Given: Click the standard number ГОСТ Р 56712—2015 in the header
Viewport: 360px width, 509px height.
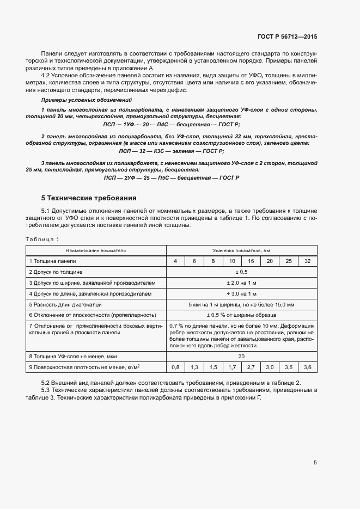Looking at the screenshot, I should [x=287, y=36].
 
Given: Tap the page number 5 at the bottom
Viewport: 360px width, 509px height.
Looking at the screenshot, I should [x=315, y=463].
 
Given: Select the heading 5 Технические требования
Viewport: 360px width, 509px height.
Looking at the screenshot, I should [x=89, y=198].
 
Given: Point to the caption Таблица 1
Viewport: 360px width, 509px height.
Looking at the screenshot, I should [x=42, y=239].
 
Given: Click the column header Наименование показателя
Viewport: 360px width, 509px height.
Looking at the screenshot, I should [x=96, y=250].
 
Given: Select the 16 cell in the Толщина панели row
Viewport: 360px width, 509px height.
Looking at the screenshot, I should [x=251, y=261].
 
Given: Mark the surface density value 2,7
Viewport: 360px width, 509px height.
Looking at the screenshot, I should [x=251, y=367].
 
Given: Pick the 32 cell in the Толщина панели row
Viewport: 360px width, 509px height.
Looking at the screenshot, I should [x=307, y=261].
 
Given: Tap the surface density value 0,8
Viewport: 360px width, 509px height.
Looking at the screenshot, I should [x=176, y=367].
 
